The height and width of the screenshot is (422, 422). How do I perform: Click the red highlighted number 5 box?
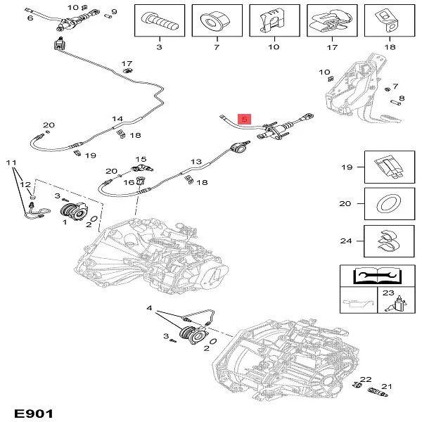point(244,120)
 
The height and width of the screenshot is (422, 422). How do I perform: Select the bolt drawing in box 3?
point(159,21)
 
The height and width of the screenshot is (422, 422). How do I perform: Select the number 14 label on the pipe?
point(117,119)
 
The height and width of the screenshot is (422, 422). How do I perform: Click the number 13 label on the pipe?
point(196,161)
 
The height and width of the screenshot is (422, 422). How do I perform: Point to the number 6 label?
point(30,18)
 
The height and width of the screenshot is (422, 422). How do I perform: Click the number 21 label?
point(387,386)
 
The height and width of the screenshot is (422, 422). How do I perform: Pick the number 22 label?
point(365,381)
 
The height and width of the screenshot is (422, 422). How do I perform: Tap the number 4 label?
point(149,308)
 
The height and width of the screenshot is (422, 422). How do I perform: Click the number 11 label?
point(11,163)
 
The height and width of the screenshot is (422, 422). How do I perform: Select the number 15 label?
point(141,160)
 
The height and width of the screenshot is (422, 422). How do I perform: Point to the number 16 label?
point(129,182)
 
